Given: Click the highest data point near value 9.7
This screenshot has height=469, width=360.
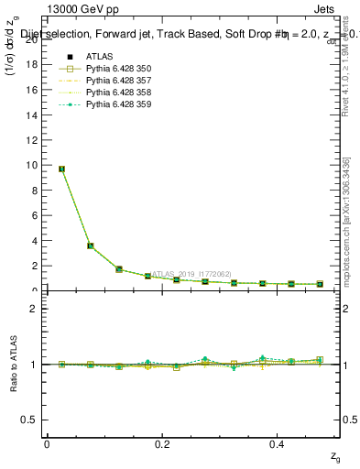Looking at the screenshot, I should [61, 169].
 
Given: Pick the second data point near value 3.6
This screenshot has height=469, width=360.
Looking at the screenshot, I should [90, 245].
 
